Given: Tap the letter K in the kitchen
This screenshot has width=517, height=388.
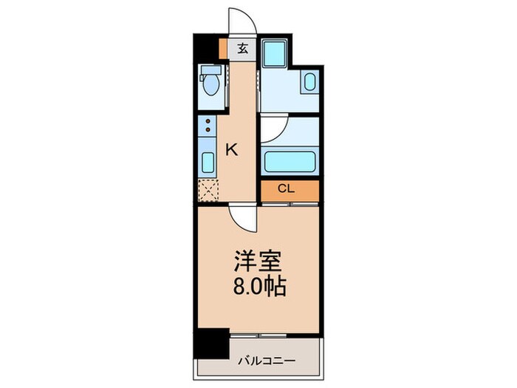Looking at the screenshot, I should click(x=231, y=150).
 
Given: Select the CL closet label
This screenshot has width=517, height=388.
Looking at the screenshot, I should click(x=287, y=189).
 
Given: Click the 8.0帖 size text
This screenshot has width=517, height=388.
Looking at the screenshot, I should click(x=259, y=286).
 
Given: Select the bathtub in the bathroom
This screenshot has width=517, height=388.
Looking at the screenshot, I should click(x=290, y=160).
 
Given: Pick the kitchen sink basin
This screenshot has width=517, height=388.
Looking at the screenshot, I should click(x=208, y=162).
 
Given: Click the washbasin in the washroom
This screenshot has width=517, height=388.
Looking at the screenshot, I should click(x=309, y=82).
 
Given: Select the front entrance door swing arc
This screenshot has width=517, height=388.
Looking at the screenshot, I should click(x=242, y=20).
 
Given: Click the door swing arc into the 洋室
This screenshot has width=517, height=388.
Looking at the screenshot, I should click(x=241, y=216).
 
